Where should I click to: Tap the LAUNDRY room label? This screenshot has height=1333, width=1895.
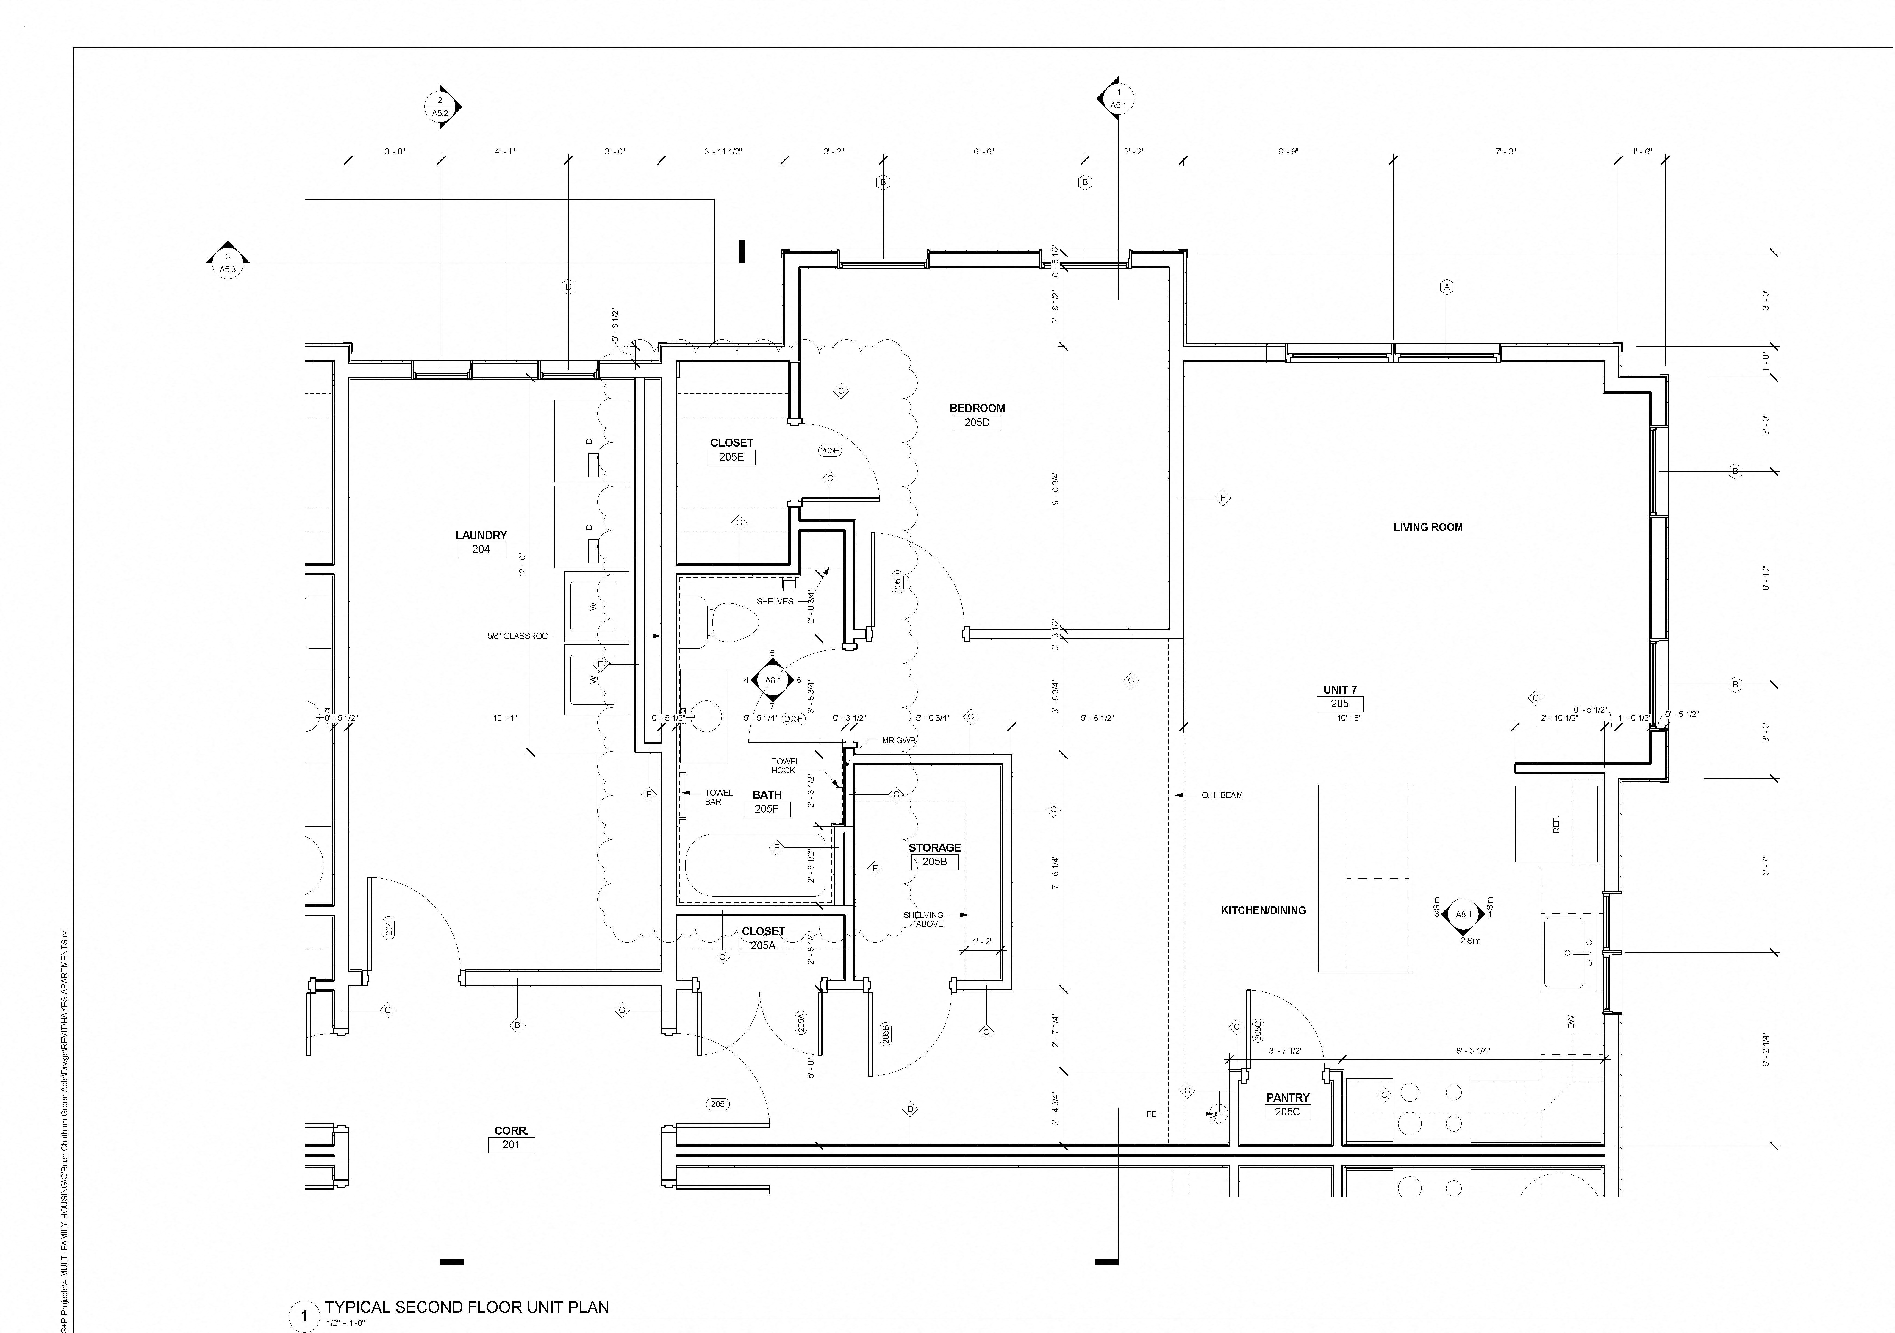coord(481,535)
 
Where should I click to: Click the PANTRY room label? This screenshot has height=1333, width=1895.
coord(1288,1097)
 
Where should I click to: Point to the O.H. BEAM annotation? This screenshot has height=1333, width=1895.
coord(1222,795)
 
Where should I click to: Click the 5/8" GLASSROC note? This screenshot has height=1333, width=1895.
coord(517,636)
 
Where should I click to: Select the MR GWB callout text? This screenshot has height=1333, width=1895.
coord(899,740)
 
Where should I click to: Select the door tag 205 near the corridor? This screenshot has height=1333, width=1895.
coord(717,1104)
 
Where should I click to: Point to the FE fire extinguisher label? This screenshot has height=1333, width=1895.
coord(1151,1114)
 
